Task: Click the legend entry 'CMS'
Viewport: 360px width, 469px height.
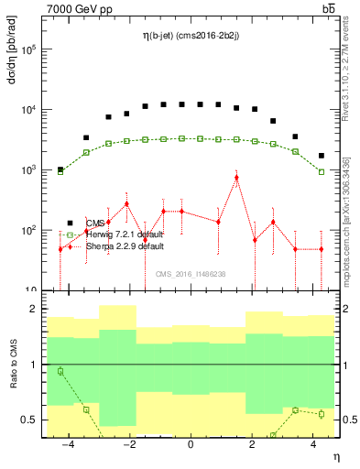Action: point(95,223)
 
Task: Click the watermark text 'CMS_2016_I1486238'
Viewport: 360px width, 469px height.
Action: point(191,274)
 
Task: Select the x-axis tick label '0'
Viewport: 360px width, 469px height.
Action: point(190,444)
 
